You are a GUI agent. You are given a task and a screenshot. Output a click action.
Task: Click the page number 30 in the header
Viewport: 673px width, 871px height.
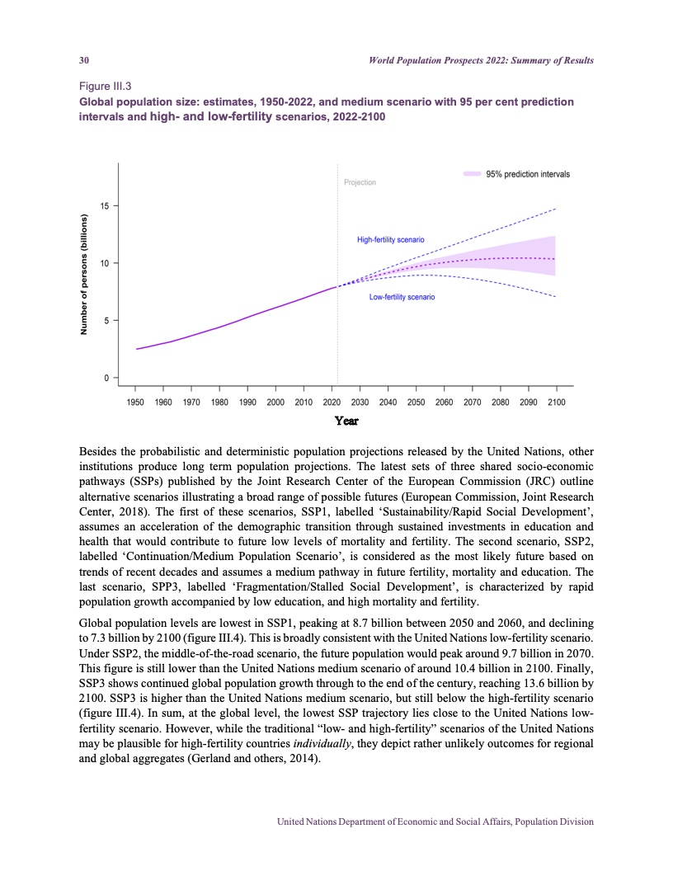pos(83,61)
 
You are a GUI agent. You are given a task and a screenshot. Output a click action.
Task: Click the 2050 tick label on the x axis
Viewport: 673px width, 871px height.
pos(416,402)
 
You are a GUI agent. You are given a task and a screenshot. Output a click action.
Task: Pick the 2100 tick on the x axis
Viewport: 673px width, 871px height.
pos(556,402)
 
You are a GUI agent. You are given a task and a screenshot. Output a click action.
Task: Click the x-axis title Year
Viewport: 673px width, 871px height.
pos(346,421)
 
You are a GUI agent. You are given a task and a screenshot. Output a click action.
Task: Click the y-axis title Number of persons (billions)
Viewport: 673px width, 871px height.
pos(83,275)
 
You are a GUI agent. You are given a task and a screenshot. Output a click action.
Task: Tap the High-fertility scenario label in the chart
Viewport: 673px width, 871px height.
pos(390,239)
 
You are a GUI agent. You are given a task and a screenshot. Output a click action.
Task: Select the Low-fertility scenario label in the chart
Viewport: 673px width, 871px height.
pos(402,297)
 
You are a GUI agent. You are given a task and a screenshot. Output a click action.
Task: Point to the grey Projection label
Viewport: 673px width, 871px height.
pos(359,182)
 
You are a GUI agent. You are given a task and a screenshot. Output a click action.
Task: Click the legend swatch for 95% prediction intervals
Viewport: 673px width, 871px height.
pos(472,174)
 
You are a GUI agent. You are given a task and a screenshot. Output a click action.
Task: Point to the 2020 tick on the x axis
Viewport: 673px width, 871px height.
pos(332,402)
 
